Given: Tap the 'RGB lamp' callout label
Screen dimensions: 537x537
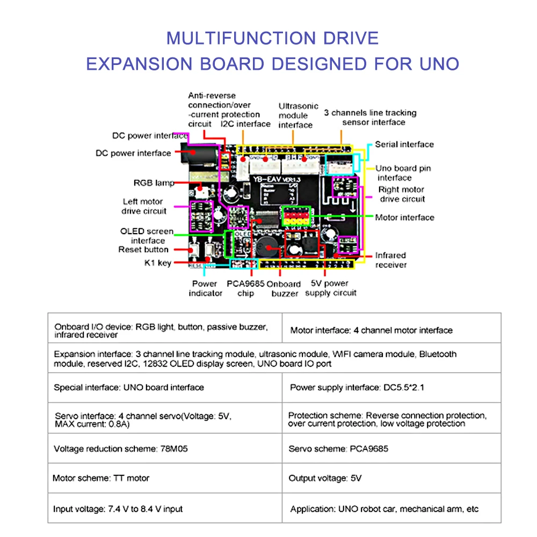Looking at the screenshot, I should coord(154,183).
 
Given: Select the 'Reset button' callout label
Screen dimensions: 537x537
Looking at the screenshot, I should coord(143,250).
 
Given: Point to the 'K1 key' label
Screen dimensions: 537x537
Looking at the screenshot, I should coord(157,263).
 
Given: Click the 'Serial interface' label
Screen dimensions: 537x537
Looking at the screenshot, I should coord(404,144).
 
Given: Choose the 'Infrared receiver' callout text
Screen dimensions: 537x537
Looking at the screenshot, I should coord(390,260).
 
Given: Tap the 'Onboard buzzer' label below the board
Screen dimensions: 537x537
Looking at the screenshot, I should coord(285,288).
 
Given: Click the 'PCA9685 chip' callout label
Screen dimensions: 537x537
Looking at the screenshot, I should coord(245,288).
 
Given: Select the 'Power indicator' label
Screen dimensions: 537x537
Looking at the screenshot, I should coord(205,288).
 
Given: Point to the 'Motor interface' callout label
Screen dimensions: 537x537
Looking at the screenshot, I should coord(404,217).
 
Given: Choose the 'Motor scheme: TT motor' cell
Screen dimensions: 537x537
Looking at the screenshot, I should coord(101,478).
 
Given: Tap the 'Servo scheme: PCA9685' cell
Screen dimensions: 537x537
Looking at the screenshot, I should coord(338,448).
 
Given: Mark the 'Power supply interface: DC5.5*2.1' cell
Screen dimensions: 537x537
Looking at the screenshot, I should coord(357,387).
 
